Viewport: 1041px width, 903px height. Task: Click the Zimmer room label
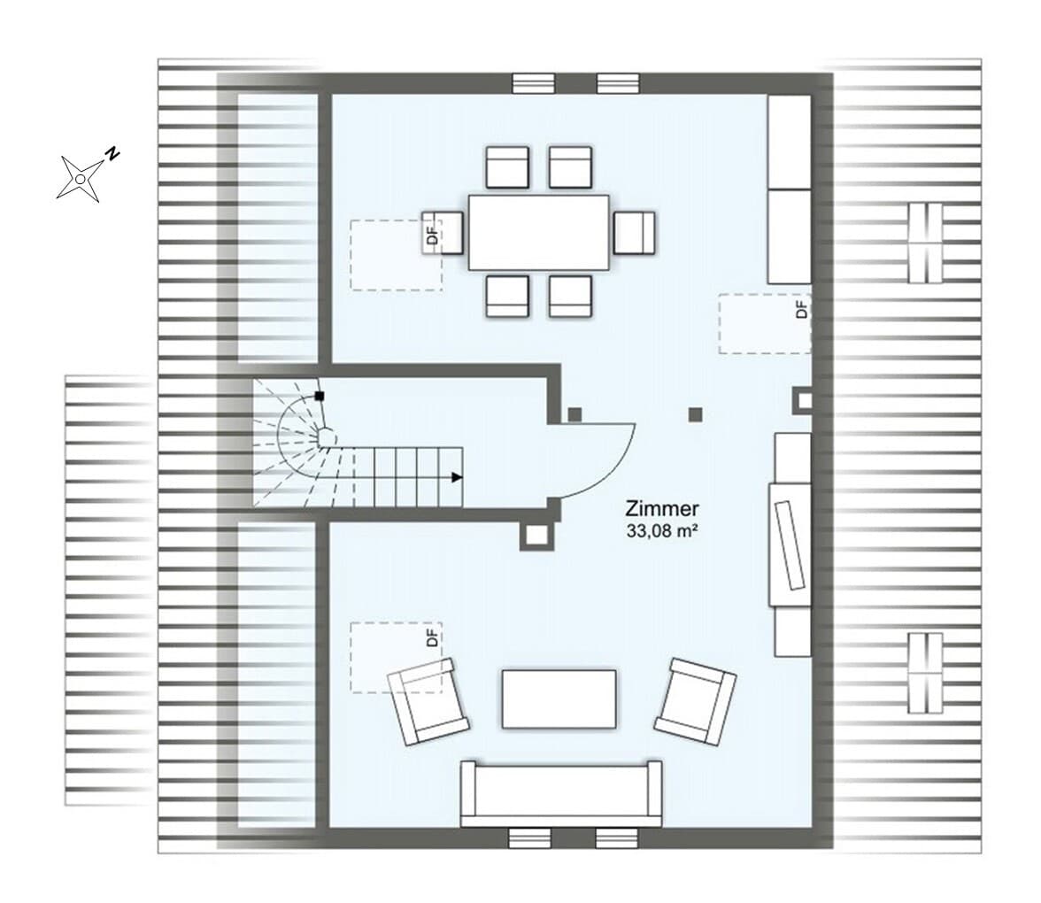(662, 509)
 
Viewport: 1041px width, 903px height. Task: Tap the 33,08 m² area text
(662, 531)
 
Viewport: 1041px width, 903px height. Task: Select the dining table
(538, 232)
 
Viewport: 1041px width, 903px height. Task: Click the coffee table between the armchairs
(559, 699)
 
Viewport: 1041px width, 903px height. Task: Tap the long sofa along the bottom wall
(561, 793)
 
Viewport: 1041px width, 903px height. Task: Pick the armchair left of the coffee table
(428, 701)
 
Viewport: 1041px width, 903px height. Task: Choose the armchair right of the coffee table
(695, 701)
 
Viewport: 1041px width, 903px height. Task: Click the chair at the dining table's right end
(634, 232)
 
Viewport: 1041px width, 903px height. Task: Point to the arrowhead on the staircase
(457, 476)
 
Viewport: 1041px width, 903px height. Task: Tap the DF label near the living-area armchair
(433, 637)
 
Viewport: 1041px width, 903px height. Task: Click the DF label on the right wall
(803, 309)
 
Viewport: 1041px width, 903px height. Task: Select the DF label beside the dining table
(433, 235)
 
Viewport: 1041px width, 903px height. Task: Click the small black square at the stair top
(320, 397)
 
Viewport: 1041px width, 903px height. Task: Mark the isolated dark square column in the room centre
(695, 415)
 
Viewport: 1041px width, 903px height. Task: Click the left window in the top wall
(533, 83)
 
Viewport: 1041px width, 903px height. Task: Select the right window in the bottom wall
(618, 837)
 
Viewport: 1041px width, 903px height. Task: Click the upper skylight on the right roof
(926, 243)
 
